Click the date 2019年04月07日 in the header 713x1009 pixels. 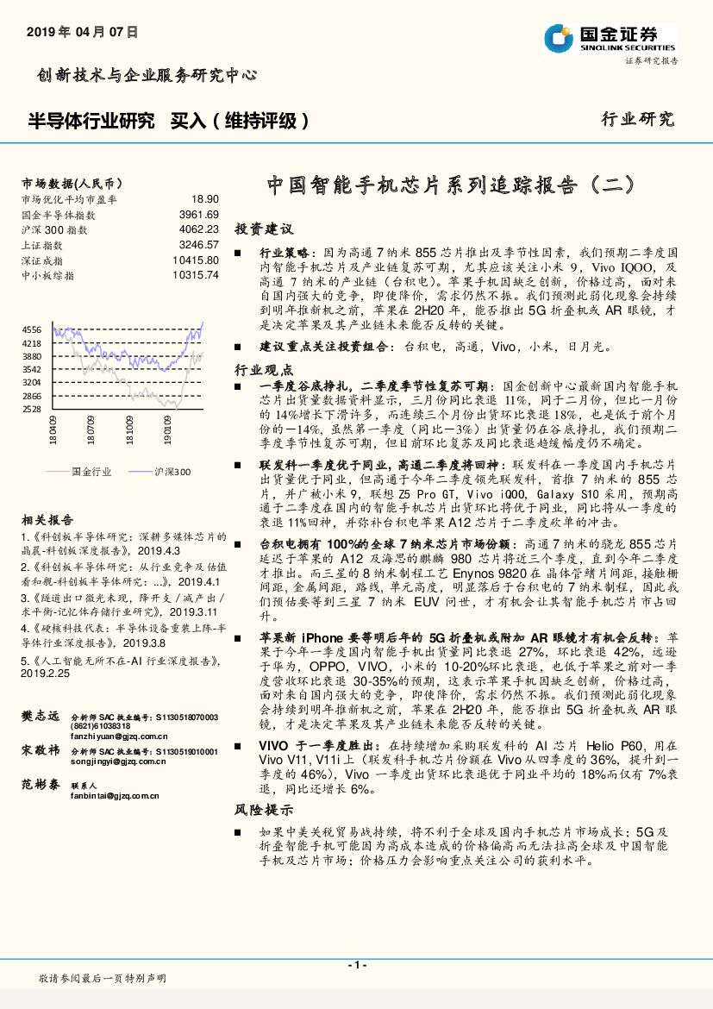point(83,32)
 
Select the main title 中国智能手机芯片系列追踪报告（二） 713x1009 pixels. point(451,185)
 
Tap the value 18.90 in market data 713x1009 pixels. point(205,198)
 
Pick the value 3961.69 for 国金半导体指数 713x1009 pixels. point(199,214)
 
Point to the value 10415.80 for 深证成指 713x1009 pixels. point(196,260)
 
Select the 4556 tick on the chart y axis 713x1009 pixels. point(31,330)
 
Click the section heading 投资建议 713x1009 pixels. point(265,230)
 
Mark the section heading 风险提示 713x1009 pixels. point(265,811)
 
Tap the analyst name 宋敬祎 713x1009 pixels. point(40,751)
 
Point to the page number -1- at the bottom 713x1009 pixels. point(356,964)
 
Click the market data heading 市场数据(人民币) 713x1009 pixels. point(72,184)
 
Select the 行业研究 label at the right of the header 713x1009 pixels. point(637,120)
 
